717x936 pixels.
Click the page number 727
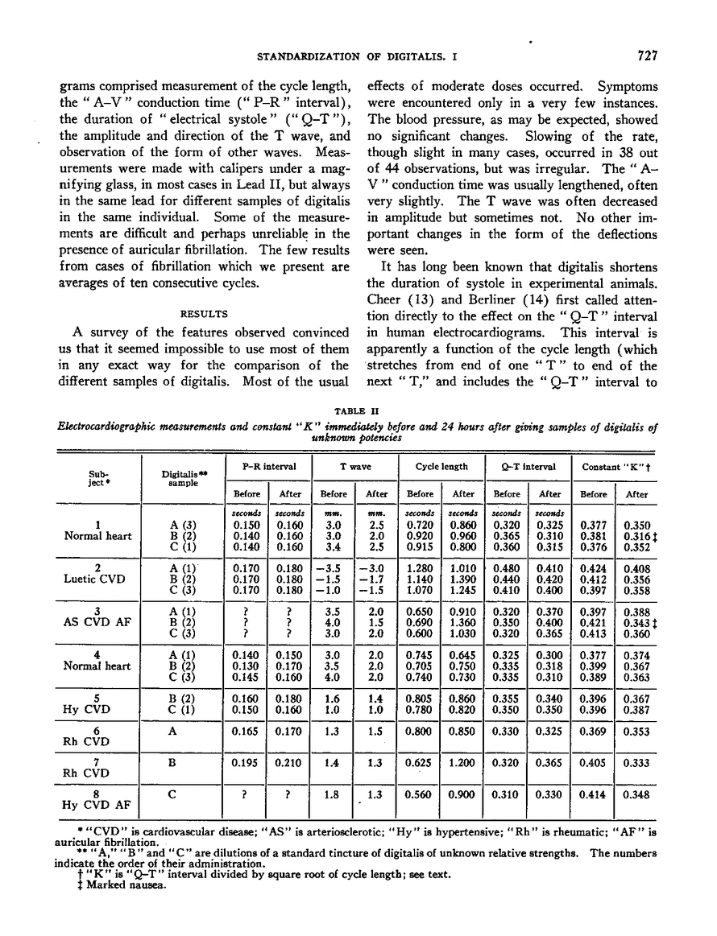[647, 56]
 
